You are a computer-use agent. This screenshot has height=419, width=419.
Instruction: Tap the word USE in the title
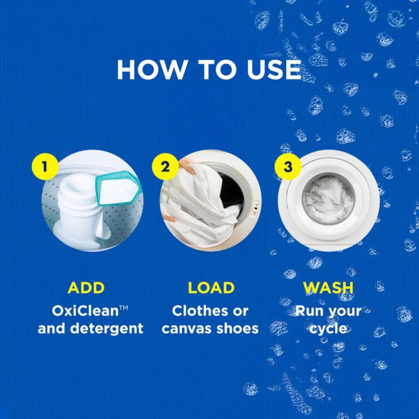click(274, 70)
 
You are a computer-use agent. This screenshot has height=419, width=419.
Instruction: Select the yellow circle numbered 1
click(45, 167)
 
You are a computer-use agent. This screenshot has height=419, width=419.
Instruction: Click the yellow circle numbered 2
click(165, 167)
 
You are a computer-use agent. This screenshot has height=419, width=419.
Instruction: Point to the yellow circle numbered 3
click(288, 167)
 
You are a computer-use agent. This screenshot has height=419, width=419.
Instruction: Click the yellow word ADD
click(86, 288)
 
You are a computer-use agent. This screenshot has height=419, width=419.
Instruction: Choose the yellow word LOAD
click(211, 288)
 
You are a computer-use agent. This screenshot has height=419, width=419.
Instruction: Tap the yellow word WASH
click(328, 288)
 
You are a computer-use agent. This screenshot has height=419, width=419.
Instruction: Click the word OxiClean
click(85, 311)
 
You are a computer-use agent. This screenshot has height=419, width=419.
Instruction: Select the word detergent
click(107, 329)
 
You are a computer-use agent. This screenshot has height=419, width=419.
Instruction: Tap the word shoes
click(237, 329)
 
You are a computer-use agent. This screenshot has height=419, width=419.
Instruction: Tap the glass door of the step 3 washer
click(329, 199)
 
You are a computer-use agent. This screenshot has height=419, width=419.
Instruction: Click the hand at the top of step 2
click(187, 166)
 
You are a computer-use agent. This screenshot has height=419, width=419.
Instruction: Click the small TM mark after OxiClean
click(124, 308)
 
